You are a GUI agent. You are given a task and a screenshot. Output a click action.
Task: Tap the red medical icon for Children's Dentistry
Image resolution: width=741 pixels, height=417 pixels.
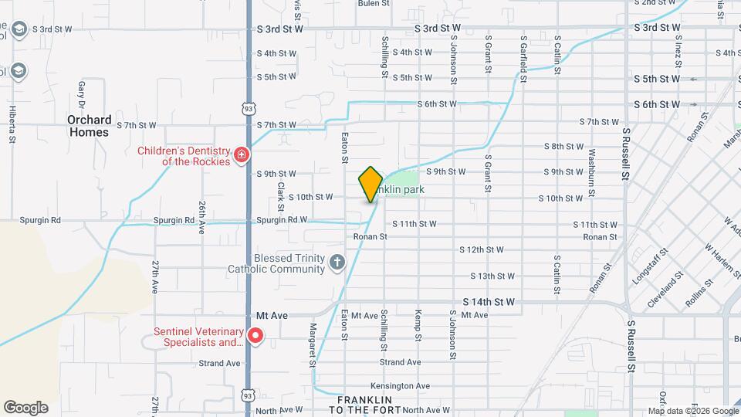242,155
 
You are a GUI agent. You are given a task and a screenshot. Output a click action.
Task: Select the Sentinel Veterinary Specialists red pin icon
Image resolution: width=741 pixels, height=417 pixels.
255,337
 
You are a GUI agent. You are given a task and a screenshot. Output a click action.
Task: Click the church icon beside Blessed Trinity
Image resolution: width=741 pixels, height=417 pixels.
337,263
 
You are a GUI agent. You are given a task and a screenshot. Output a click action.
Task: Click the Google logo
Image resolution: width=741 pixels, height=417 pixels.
25,408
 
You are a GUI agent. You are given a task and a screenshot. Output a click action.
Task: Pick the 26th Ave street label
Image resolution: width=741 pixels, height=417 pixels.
201,218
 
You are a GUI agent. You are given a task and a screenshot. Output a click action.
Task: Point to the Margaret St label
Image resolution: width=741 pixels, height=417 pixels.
313,345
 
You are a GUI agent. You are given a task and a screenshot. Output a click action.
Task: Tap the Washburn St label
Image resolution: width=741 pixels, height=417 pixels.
591,166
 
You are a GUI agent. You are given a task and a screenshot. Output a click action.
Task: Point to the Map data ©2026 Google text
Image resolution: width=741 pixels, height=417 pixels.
693,411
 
